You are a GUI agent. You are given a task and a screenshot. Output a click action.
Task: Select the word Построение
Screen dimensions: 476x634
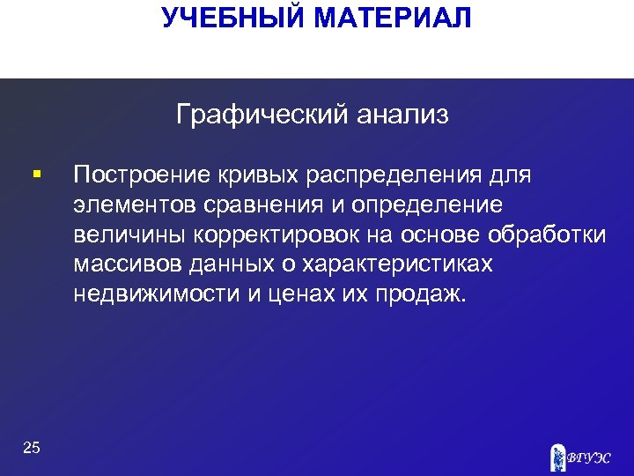click(140, 175)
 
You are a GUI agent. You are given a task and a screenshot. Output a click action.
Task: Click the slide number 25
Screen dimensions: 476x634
click(32, 449)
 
